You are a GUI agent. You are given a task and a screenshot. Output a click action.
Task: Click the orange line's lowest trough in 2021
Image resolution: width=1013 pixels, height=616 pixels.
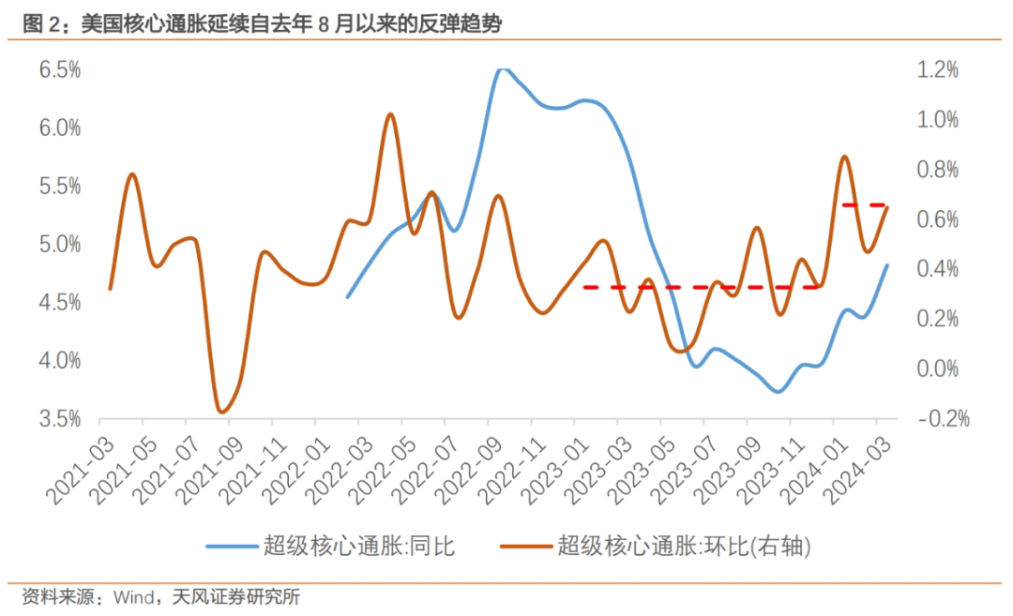click(221, 412)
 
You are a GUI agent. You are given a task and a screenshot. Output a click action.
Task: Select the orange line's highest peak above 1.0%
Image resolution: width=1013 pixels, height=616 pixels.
click(389, 113)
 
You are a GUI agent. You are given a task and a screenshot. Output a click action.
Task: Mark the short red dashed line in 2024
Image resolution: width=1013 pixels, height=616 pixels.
click(863, 204)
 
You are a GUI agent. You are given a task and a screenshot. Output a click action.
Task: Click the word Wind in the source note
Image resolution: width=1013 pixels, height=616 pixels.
click(135, 596)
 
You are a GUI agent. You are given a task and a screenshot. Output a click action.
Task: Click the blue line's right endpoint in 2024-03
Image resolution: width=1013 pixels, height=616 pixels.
click(886, 265)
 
